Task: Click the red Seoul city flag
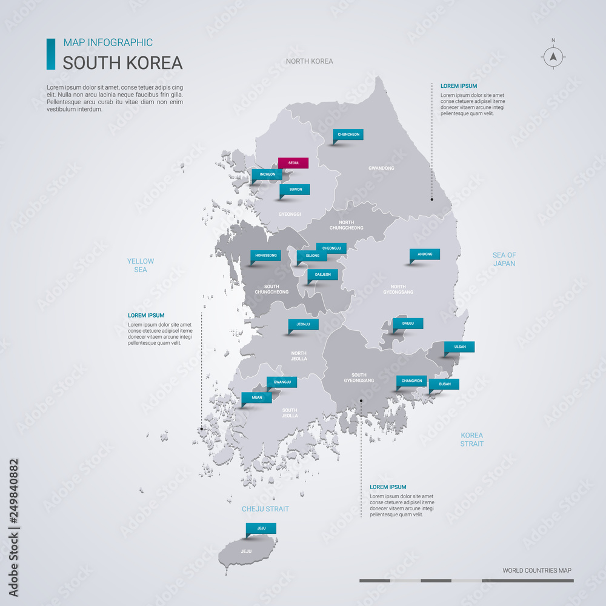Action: [293, 163]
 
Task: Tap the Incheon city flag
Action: [267, 175]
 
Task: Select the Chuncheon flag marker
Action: [348, 135]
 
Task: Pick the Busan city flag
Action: [444, 384]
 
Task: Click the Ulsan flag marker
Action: [459, 347]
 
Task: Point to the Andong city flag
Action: [425, 255]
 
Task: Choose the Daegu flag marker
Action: [408, 324]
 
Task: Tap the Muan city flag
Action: [257, 398]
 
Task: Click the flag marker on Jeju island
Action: [261, 528]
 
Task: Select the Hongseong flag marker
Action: [265, 256]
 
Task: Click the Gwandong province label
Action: [381, 168]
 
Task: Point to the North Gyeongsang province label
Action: [398, 289]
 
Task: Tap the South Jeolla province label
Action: [290, 413]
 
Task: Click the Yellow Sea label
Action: [141, 265]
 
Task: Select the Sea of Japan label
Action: [504, 259]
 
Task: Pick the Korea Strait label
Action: [472, 439]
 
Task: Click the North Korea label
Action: [310, 61]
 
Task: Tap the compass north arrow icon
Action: [553, 57]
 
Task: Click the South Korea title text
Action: [122, 63]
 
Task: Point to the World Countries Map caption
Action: [536, 570]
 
